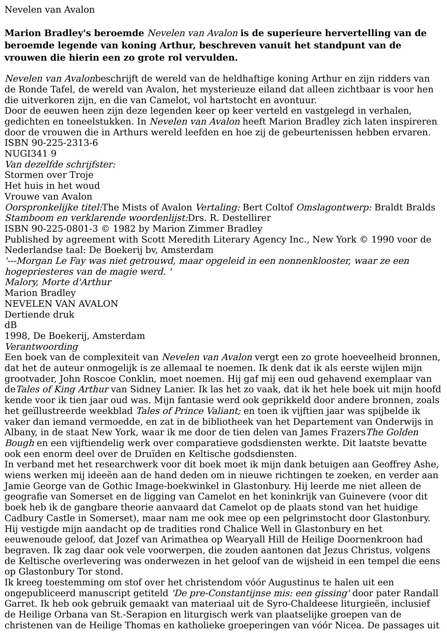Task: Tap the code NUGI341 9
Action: click(30, 154)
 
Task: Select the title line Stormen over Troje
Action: click(49, 175)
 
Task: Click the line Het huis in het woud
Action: click(52, 186)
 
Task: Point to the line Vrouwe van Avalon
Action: click(48, 197)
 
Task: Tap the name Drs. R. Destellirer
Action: click(229, 218)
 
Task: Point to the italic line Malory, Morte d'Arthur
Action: click(58, 282)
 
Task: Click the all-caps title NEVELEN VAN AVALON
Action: click(61, 304)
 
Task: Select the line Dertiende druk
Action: click(39, 314)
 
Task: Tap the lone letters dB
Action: click(10, 325)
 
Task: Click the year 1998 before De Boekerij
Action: click(17, 336)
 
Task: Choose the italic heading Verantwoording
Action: click(41, 347)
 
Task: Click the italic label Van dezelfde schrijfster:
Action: click(60, 165)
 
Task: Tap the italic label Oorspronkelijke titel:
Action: click(53, 208)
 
